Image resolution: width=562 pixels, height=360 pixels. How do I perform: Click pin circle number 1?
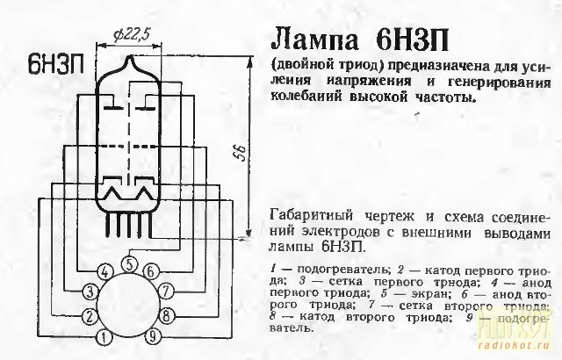104,335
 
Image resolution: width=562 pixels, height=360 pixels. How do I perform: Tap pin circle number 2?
90,314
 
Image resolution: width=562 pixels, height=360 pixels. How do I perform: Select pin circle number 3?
90,291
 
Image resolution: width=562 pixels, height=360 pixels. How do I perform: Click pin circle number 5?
128,261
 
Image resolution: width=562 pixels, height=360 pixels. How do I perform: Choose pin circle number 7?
167,291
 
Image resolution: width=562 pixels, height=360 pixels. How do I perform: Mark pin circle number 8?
167,314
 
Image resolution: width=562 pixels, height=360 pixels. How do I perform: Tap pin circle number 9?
151,335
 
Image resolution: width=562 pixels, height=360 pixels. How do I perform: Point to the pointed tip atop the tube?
129,58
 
